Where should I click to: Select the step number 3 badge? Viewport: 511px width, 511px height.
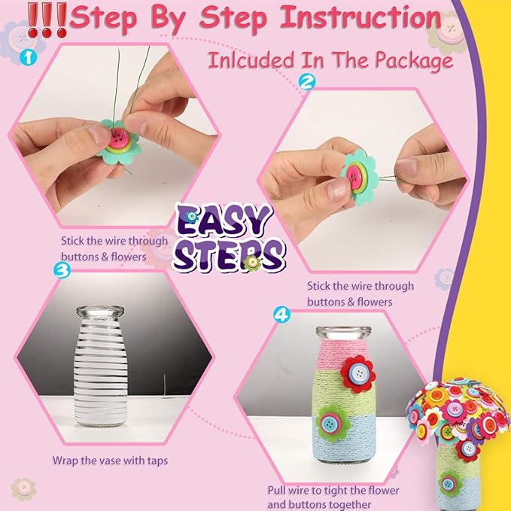[62, 269]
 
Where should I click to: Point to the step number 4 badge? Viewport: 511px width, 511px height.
[281, 315]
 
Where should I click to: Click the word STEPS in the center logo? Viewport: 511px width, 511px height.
[229, 254]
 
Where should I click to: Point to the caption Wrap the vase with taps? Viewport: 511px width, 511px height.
[110, 459]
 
